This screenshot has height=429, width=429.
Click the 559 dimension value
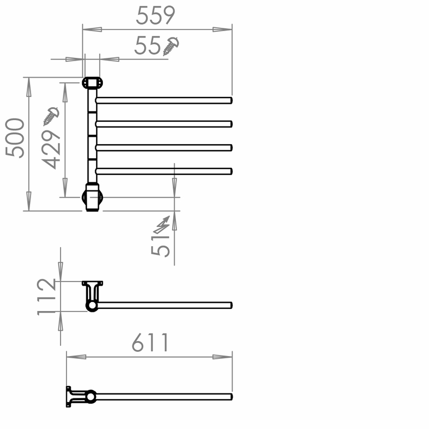[x=156, y=15]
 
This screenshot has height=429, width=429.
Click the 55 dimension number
[x=147, y=45]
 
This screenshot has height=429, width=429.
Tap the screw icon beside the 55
[x=171, y=46]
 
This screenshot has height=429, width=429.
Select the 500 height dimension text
[x=15, y=138]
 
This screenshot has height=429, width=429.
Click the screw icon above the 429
[x=51, y=116]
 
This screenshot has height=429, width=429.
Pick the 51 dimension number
[x=160, y=246]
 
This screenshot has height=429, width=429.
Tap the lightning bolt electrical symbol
[x=162, y=225]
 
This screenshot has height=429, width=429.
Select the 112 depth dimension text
[x=46, y=297]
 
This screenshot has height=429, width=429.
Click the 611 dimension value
[x=150, y=342]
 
